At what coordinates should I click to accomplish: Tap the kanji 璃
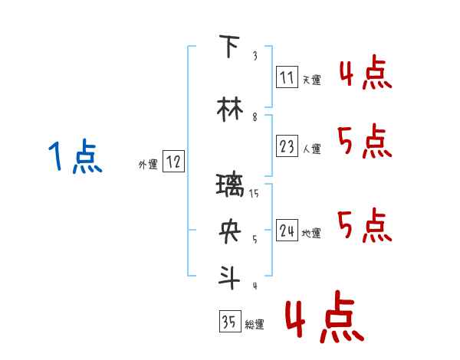[x=230, y=185]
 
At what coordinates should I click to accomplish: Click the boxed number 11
[x=287, y=77]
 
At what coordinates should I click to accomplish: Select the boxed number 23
[x=287, y=146]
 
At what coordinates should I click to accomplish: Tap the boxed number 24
[x=287, y=231]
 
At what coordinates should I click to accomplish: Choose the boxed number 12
[x=173, y=162]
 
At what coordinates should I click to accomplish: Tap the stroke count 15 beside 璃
[x=255, y=193]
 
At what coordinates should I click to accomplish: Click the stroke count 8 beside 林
[x=255, y=117]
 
